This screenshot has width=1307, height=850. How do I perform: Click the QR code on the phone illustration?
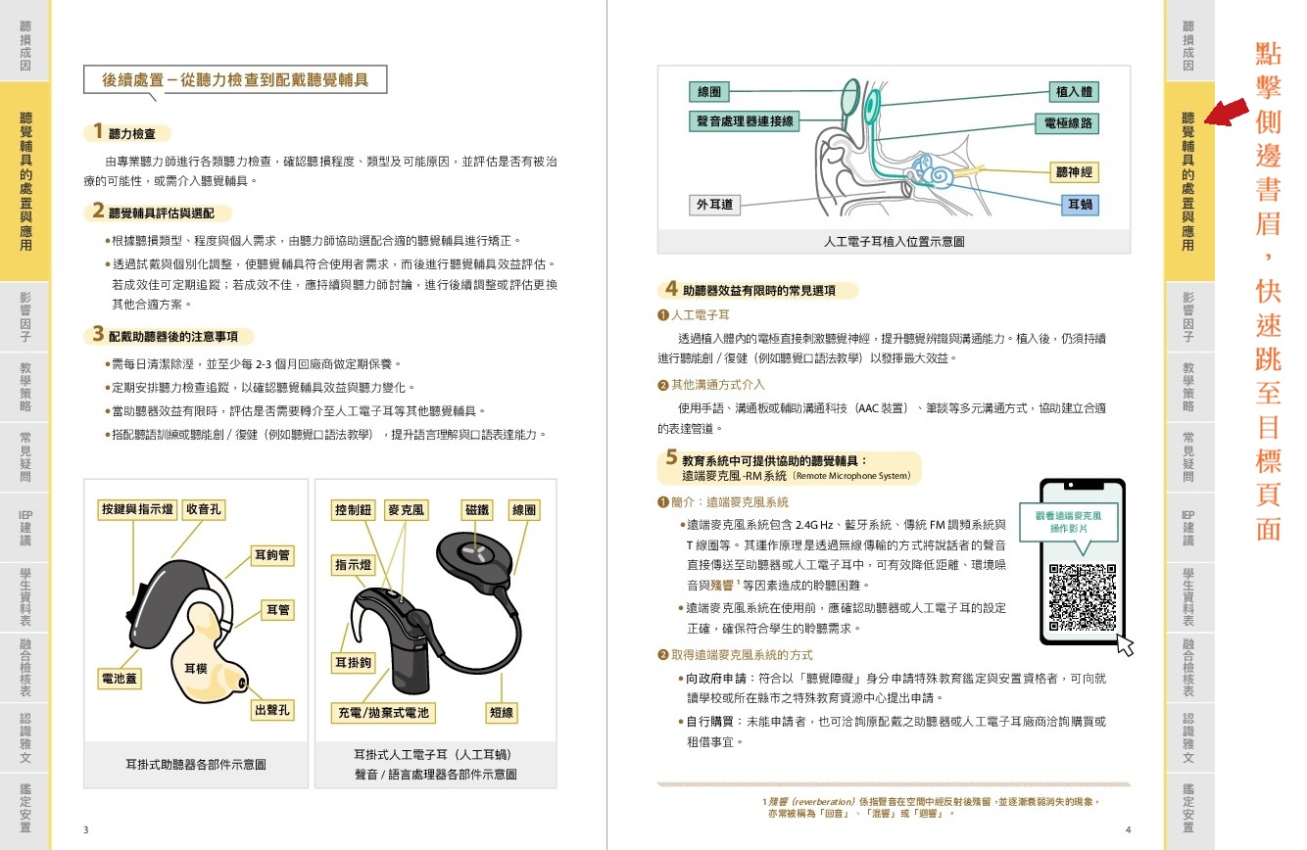[x=1083, y=597]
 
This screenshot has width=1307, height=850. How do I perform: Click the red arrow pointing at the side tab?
[x=1227, y=112]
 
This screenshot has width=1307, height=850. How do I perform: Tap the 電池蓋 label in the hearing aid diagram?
[x=119, y=678]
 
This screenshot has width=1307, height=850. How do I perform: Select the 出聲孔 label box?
[x=272, y=710]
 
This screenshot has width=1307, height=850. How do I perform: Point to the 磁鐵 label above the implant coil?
[x=477, y=509]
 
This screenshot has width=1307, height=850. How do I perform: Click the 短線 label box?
[x=502, y=713]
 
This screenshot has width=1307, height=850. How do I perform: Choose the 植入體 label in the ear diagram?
[x=1074, y=91]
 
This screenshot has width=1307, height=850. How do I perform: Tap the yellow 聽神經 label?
[x=1074, y=172]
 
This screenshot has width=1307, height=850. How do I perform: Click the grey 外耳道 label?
[x=714, y=204]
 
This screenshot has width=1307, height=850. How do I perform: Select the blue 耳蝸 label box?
[x=1080, y=204]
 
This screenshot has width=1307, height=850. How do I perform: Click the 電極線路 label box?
[x=1067, y=123]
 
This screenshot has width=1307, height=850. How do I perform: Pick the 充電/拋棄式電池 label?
[x=383, y=713]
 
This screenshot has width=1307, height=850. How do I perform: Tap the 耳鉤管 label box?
[x=272, y=554]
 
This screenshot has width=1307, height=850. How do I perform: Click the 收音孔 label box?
[x=203, y=509]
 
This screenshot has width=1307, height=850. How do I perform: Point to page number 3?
[x=86, y=829]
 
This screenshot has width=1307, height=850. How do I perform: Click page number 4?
[x=1128, y=829]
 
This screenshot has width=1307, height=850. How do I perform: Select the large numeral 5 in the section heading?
[x=671, y=457]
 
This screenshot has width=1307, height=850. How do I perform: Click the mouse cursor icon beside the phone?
[x=1126, y=645]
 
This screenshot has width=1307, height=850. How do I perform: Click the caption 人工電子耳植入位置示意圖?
[x=894, y=241]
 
